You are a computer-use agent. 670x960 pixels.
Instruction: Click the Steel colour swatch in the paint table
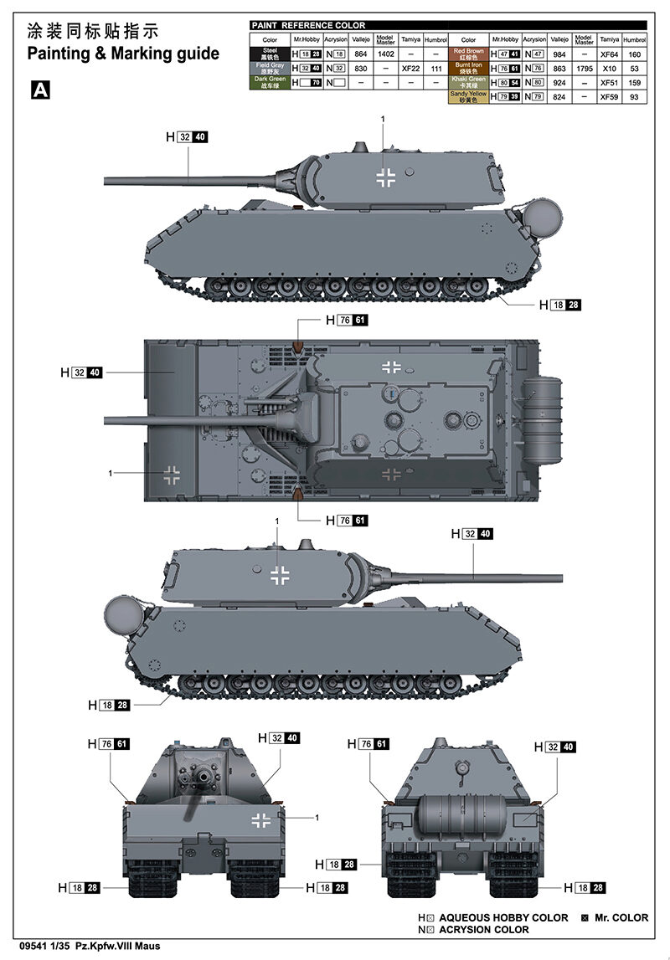pos(270,54)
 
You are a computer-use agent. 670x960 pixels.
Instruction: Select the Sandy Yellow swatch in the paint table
pos(469,96)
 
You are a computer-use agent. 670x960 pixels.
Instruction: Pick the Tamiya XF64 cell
pos(609,54)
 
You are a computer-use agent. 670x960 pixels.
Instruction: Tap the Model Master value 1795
pos(584,68)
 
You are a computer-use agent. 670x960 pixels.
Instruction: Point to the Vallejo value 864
pos(361,54)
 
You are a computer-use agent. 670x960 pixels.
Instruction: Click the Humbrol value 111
pos(435,68)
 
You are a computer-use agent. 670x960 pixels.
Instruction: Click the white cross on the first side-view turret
pos(386,177)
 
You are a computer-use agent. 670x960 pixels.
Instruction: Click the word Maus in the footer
pos(147,946)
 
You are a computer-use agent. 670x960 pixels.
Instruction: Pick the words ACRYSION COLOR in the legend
pos(483,929)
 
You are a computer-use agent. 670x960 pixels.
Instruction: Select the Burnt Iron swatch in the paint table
pos(469,68)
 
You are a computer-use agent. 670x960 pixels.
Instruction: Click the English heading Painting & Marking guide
pos(123,54)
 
